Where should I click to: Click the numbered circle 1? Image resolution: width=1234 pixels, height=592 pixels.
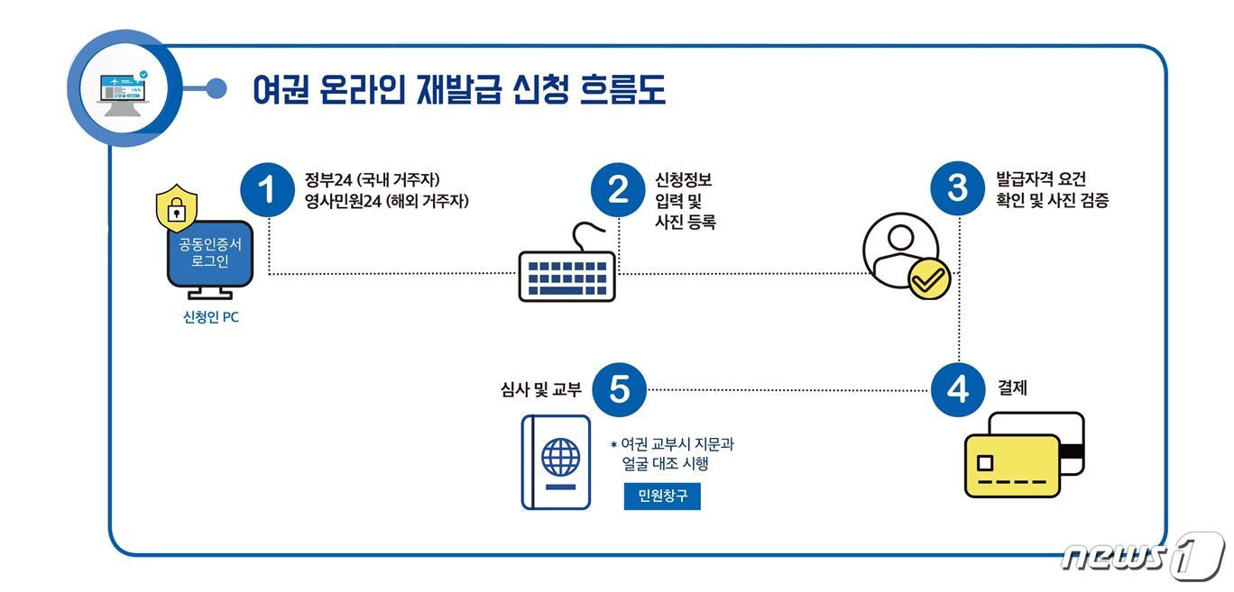[x=268, y=189]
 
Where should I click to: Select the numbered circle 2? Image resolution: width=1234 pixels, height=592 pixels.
[x=618, y=189]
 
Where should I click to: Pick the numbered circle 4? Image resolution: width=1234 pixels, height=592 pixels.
[x=957, y=389]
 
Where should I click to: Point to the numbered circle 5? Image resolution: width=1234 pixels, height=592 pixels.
[x=619, y=389]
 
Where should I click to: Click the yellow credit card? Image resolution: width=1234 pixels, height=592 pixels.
[x=1011, y=465]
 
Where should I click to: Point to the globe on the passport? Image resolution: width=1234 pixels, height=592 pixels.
[x=560, y=457]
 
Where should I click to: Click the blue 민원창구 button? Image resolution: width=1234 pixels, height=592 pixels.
[x=662, y=496]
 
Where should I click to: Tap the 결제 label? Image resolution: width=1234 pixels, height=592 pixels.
[x=1012, y=389]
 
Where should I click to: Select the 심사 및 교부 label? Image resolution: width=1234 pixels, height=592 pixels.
[x=541, y=389]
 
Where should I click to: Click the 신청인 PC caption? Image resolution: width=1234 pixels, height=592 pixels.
[x=210, y=317]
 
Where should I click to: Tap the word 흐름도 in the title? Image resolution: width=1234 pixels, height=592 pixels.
[x=618, y=89]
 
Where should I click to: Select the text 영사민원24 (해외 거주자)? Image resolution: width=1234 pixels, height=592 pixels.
[x=387, y=202]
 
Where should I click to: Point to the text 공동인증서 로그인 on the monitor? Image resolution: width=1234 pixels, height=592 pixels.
[x=210, y=253]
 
